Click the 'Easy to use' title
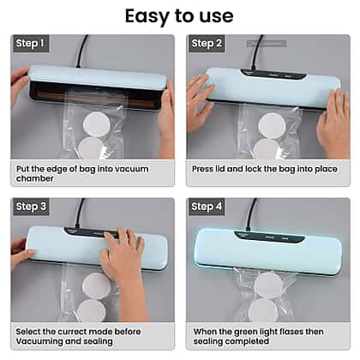coord(179,16)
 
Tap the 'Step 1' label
coord(30,44)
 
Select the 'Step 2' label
coord(207,44)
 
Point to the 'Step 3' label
coord(31,207)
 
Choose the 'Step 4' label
coord(207,207)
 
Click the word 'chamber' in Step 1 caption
coord(35,178)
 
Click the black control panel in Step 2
coord(273,75)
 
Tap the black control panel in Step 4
coord(268,237)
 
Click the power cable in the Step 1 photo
coord(82,51)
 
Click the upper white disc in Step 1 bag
coord(97,125)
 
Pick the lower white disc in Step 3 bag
coord(92,310)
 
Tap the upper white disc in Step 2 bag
coord(272,126)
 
